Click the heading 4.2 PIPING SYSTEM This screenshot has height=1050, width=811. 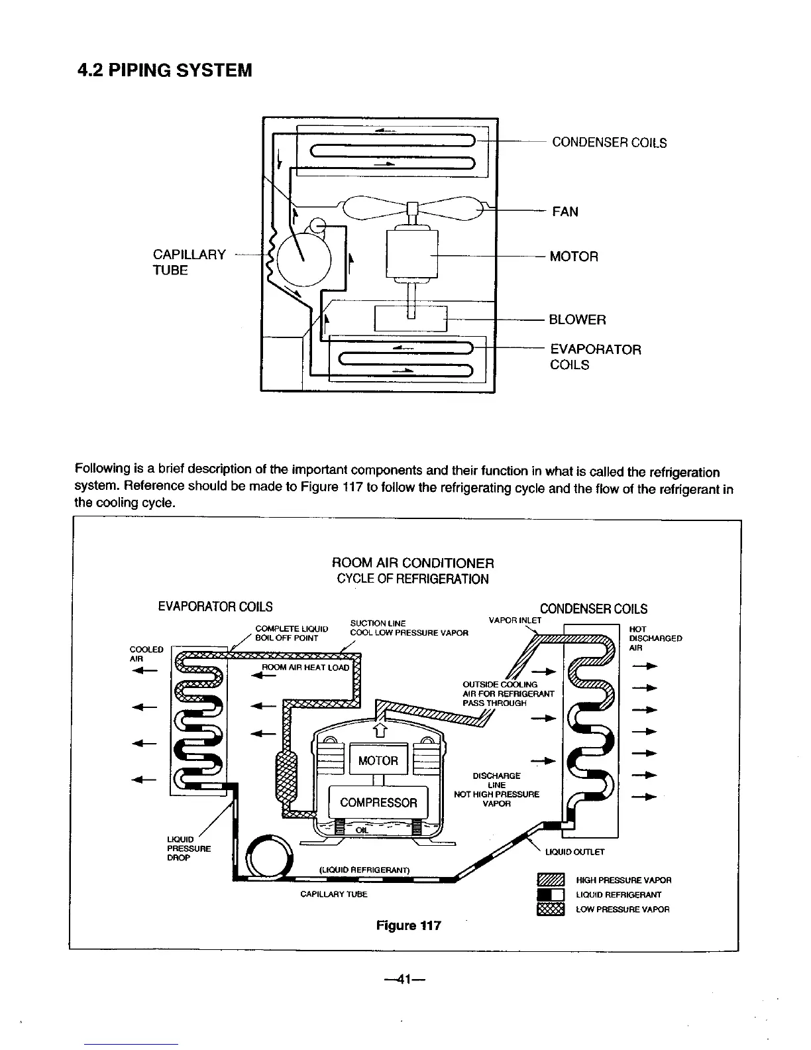click(x=165, y=70)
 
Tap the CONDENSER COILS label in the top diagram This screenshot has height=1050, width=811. click(x=609, y=143)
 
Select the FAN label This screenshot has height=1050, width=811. click(x=565, y=212)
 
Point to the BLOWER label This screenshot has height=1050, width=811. click(x=577, y=320)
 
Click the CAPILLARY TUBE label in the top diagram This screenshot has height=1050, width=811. click(x=189, y=262)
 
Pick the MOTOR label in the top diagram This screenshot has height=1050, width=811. click(x=574, y=257)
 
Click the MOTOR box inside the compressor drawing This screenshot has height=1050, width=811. click(x=378, y=760)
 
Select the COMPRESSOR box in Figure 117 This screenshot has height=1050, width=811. click(x=378, y=803)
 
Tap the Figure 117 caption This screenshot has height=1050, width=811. click(x=408, y=925)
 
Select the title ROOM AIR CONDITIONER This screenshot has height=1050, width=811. click(x=412, y=563)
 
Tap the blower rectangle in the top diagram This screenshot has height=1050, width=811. click(x=411, y=319)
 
